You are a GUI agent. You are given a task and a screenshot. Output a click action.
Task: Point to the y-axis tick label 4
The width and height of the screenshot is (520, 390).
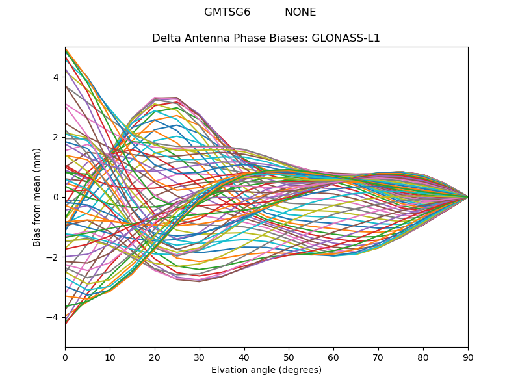tap(55, 77)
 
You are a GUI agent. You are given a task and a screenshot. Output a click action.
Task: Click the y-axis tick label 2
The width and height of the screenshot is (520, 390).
tap(55, 137)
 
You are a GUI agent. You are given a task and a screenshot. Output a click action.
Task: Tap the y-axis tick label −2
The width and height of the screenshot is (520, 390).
tap(53, 257)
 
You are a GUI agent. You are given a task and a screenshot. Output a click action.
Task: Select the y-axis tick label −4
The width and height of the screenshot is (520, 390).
tap(53, 317)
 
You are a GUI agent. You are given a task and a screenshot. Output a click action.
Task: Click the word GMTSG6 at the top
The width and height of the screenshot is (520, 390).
tap(227, 12)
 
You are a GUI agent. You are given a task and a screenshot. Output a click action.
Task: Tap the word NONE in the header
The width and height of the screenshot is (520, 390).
tap(300, 12)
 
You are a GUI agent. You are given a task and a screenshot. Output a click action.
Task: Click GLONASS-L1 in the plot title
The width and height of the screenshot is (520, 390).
tap(346, 38)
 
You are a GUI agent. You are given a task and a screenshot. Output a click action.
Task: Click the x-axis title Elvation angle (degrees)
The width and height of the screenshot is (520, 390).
tap(266, 370)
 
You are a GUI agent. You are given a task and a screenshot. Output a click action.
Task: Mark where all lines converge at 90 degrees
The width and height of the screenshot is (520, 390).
tap(467, 197)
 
